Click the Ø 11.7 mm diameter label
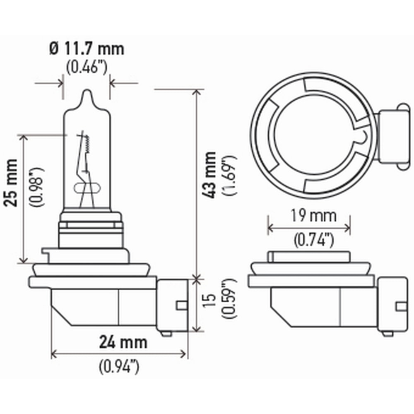pyautogui.click(x=87, y=49)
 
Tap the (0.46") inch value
pyautogui.click(x=87, y=67)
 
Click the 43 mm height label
pyautogui.click(x=211, y=174)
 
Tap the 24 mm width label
pyautogui.click(x=123, y=342)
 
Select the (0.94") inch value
pyautogui.click(x=119, y=366)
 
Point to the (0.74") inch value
pyautogui.click(x=313, y=240)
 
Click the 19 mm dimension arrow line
pyautogui.click(x=309, y=227)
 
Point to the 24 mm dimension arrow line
pyautogui.click(x=118, y=354)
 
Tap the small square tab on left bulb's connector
pyautogui.click(x=181, y=305)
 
